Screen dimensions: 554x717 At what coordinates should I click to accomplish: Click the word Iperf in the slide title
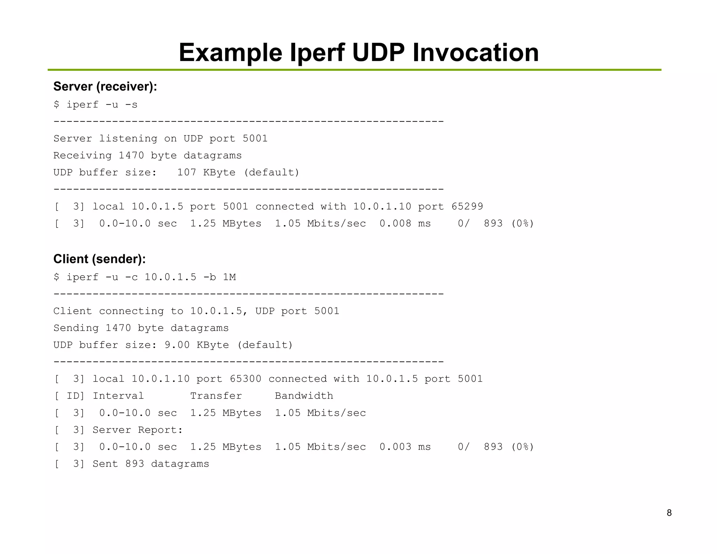318,53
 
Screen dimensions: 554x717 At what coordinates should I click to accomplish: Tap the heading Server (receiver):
105,86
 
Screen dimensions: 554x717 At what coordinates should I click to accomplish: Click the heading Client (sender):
99,259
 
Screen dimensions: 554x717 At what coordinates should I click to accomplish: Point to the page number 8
669,513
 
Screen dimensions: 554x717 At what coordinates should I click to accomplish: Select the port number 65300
245,379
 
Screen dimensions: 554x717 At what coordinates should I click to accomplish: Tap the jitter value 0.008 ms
405,223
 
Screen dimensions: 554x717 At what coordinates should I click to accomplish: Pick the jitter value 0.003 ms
405,447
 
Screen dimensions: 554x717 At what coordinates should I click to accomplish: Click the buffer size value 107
186,172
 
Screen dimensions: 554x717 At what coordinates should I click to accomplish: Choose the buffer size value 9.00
177,345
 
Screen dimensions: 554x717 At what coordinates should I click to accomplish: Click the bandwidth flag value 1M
229,277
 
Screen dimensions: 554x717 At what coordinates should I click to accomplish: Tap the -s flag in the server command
131,104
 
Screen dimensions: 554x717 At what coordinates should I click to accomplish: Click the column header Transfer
216,396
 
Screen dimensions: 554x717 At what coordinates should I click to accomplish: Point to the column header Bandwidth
304,396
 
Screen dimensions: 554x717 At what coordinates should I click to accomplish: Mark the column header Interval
118,396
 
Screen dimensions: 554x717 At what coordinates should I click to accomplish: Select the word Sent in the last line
105,464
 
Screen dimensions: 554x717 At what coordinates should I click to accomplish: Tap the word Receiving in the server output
82,155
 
